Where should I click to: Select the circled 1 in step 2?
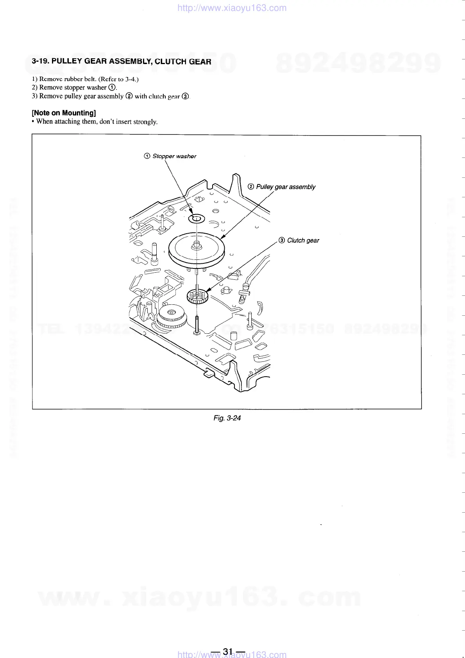point(112,88)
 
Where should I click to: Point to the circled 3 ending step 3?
point(185,96)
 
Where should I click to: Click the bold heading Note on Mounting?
point(64,113)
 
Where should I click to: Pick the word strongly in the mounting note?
point(145,122)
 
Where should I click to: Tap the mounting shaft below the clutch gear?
point(197,325)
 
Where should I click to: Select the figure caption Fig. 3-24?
point(227,418)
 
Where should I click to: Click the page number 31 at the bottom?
point(228,651)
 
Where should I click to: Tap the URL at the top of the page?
point(232,8)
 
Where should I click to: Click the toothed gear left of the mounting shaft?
point(172,317)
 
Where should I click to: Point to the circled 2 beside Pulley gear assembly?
point(251,187)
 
